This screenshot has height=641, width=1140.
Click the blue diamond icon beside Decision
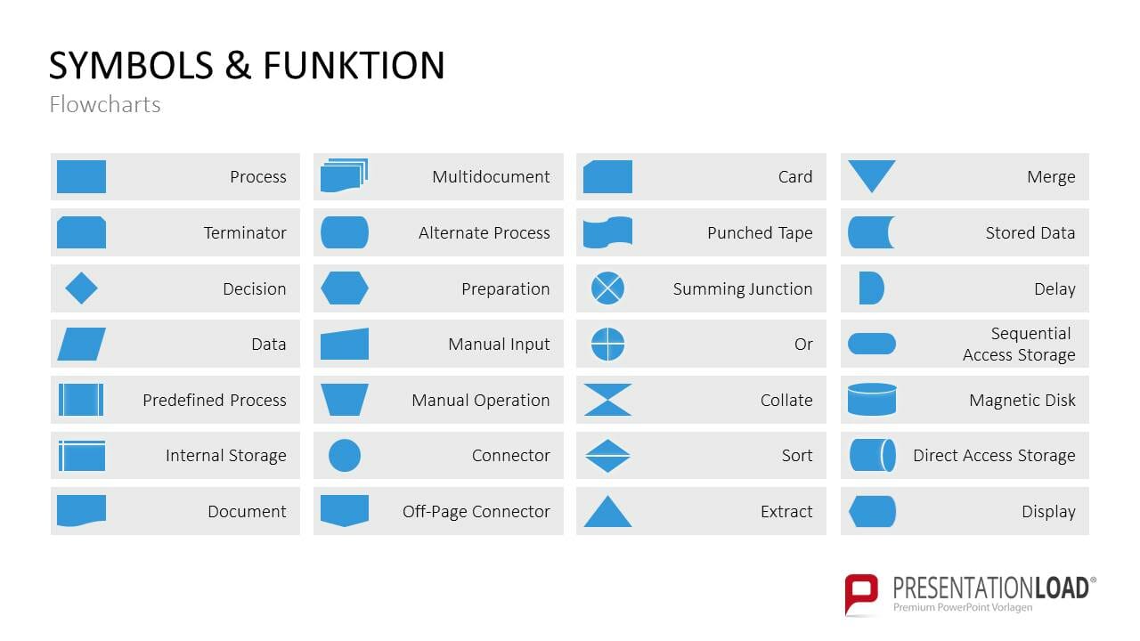point(81,288)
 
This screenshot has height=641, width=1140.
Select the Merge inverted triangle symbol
point(871,174)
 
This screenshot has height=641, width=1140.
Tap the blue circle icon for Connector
point(345,455)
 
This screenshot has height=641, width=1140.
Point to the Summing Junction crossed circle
point(607,288)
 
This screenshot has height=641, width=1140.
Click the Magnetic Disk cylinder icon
point(872,400)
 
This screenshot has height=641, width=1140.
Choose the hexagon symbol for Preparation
point(345,288)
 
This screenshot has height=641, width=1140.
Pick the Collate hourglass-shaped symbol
point(607,400)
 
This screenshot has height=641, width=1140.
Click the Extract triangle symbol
point(607,513)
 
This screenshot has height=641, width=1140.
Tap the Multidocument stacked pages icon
point(345,175)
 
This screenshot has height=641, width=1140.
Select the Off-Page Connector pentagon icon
point(345,510)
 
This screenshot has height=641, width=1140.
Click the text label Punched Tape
point(760,233)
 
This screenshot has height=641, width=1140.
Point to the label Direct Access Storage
point(994,456)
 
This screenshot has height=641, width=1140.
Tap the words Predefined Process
point(215,401)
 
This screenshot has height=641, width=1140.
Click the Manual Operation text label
point(480,401)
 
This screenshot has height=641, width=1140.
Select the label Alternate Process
point(484,233)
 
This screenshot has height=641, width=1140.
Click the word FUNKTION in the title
point(354,67)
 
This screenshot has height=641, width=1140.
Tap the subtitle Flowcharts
point(105,105)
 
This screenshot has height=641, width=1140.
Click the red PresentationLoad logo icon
point(861,593)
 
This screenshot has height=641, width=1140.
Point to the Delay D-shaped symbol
point(871,288)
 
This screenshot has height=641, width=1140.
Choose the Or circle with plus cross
point(607,345)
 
